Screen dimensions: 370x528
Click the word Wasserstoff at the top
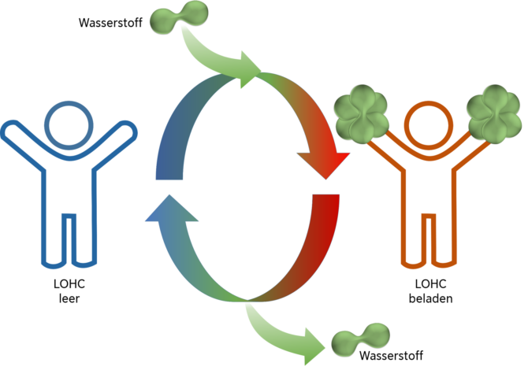[x=110, y=22]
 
